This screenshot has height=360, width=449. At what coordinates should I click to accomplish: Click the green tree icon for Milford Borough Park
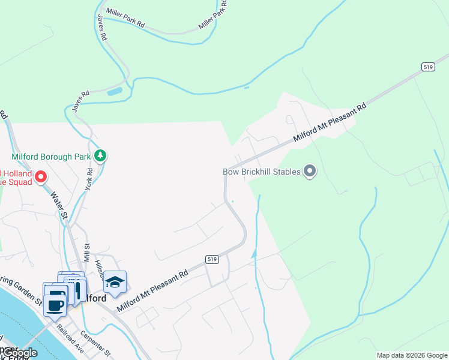tap(100, 157)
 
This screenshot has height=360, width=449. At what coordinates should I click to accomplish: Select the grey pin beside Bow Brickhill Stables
tap(310, 172)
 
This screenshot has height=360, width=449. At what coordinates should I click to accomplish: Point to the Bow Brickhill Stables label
tap(262, 172)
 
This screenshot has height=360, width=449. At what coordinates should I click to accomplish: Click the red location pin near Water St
tap(41, 176)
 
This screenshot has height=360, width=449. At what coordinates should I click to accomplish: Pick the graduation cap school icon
tap(115, 282)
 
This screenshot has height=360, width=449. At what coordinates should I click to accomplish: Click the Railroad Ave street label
tap(71, 338)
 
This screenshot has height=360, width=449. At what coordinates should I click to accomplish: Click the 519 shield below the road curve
tap(211, 259)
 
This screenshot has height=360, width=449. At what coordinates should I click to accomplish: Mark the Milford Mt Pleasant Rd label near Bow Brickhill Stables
tap(330, 124)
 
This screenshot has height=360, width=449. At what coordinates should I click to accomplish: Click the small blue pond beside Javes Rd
tap(114, 92)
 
